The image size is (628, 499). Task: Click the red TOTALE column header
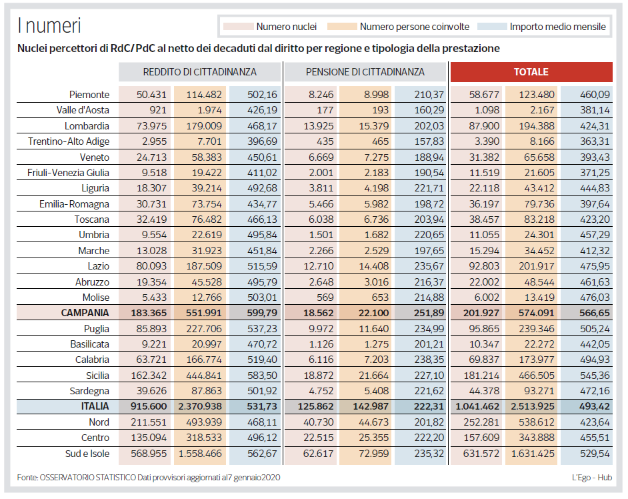tap(531, 72)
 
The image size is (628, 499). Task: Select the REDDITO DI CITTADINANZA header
tap(200, 72)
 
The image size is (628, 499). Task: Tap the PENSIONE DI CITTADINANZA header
tap(365, 72)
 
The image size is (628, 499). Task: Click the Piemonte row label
tap(89, 95)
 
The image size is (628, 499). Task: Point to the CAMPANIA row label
tap(85, 313)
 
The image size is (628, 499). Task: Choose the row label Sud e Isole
tap(87, 454)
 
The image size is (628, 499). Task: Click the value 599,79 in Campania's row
tap(262, 313)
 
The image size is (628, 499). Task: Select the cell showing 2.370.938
tap(200, 406)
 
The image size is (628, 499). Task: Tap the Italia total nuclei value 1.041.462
tap(477, 406)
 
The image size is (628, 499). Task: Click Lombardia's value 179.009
tap(204, 126)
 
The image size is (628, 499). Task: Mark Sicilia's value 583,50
tap(262, 376)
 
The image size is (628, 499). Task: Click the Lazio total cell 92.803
tap(484, 266)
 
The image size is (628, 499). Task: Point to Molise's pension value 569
tap(325, 298)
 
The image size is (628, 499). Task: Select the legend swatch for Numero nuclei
tap(238, 27)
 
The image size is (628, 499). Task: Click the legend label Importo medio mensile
tap(557, 27)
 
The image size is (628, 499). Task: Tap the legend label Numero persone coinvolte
tap(415, 27)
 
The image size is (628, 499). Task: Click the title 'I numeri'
tap(49, 25)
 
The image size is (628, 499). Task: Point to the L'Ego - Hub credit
tap(592, 478)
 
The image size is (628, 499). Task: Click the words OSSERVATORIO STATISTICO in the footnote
tap(88, 478)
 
